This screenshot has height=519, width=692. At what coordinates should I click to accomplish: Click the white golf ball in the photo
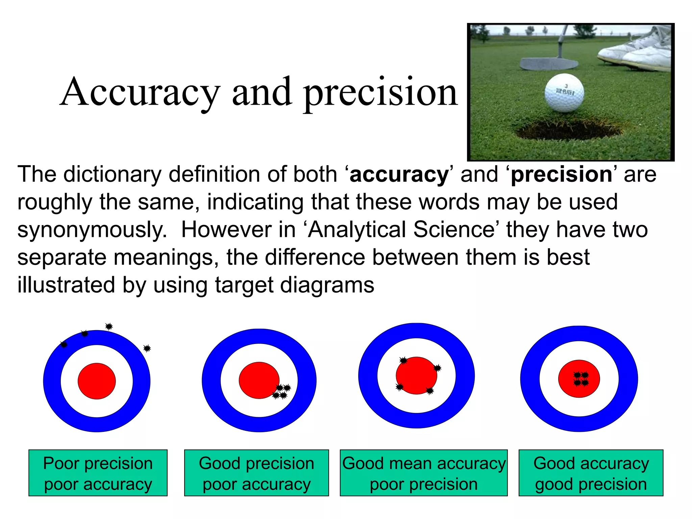(x=564, y=93)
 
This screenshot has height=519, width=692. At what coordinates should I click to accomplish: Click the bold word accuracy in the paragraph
(x=399, y=175)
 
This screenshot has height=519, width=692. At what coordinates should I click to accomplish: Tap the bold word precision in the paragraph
(x=561, y=175)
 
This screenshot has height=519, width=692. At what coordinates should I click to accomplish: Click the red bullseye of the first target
(x=97, y=381)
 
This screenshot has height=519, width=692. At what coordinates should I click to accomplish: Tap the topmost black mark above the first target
(x=109, y=326)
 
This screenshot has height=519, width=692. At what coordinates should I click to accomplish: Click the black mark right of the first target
(x=147, y=348)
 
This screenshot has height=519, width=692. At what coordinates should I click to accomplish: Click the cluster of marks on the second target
(x=282, y=392)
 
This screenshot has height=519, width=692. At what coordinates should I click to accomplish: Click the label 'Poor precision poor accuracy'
(x=98, y=473)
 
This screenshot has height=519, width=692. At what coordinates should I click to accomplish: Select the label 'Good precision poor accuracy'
(x=256, y=473)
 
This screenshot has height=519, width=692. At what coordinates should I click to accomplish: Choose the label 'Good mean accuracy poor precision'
(x=424, y=473)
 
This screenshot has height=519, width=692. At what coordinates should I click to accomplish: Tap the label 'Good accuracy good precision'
(x=591, y=473)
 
